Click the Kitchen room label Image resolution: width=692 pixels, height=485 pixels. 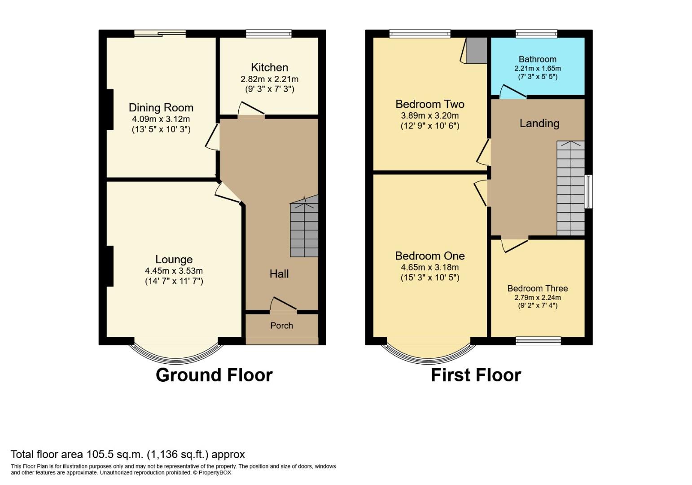269,67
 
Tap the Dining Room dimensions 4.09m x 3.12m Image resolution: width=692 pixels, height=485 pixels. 161,119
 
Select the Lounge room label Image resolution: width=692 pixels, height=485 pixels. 174,260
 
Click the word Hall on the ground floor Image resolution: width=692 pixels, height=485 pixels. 279,274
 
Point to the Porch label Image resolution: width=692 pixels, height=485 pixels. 281,326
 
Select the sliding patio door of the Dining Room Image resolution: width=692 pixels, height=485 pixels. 160,33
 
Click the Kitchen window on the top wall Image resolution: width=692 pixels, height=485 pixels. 269,33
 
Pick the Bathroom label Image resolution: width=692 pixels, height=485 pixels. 537,59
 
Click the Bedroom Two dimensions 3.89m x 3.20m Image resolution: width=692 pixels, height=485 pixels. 429,116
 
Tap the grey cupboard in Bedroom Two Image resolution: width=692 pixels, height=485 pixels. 477,50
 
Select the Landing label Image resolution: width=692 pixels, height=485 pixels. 539,123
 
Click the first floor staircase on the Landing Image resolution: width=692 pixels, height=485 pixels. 570,189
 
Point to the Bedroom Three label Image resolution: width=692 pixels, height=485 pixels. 537,289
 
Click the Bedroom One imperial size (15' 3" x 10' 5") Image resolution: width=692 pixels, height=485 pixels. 429,278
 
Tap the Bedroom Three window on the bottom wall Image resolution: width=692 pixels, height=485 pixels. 538,341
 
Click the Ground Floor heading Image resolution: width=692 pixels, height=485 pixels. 214,375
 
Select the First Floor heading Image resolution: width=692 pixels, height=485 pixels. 476,375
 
